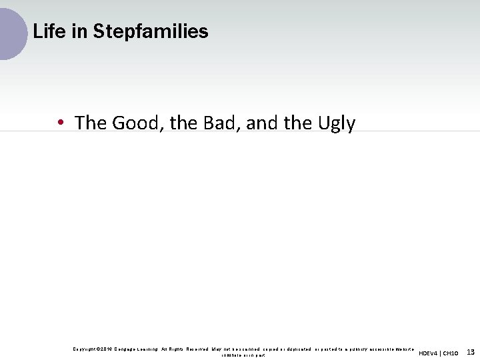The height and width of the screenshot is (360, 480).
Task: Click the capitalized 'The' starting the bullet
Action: pos(91,123)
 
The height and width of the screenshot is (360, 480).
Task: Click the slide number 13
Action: pos(470,352)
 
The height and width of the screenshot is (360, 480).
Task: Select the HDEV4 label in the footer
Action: pos(429,353)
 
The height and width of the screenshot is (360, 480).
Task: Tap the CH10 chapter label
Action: pos(451,353)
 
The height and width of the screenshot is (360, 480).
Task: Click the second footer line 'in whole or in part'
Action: pos(243,355)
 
